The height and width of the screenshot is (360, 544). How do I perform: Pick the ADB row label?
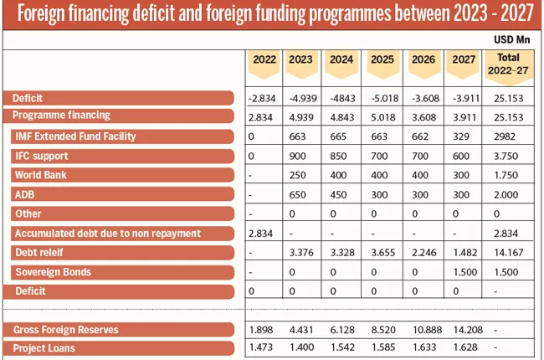(26, 194)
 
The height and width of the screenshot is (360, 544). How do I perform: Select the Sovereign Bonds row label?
(53, 271)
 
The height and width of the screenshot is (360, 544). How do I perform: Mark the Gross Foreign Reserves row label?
(65, 329)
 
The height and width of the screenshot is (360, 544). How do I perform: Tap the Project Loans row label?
(44, 348)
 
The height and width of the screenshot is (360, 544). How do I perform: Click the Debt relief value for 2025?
(382, 252)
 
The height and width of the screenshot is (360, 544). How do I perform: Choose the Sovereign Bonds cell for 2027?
(463, 271)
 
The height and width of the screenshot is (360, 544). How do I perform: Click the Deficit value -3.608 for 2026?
(423, 98)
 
